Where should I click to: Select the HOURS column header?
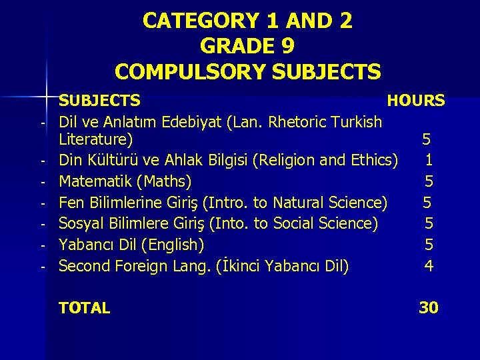[416, 101]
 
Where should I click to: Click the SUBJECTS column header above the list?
[99, 101]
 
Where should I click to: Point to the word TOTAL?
[84, 308]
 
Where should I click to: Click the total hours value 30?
[428, 308]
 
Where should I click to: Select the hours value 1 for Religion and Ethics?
[429, 160]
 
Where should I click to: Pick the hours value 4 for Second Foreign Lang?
[429, 266]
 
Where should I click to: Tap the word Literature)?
[95, 139]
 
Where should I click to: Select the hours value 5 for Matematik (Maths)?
[429, 181]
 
